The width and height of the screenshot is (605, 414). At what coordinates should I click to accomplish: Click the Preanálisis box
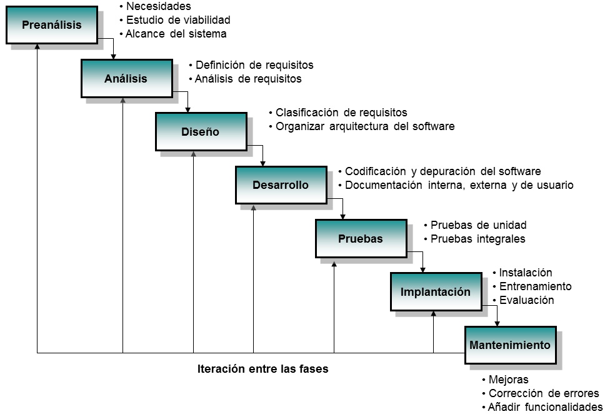coord(52,25)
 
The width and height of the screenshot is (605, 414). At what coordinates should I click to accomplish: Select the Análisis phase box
coord(126,78)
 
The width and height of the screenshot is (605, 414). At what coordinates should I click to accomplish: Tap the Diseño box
coord(201,132)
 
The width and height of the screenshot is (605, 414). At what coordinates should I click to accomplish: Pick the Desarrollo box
coord(281,185)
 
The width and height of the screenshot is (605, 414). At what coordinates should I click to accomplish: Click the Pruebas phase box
coord(361,238)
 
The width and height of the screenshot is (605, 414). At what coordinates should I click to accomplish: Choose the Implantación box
coord(436,292)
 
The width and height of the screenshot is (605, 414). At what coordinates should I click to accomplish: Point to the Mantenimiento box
coord(510,345)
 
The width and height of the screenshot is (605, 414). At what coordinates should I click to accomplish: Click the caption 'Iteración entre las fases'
coord(262,369)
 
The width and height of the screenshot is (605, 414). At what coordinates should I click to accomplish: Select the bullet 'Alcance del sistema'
coord(176,34)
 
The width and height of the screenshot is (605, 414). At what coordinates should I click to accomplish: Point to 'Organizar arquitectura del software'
coord(365,126)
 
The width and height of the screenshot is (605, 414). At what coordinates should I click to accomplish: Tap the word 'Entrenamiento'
coord(535,286)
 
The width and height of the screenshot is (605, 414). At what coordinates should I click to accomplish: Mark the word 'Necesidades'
coord(158,7)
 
